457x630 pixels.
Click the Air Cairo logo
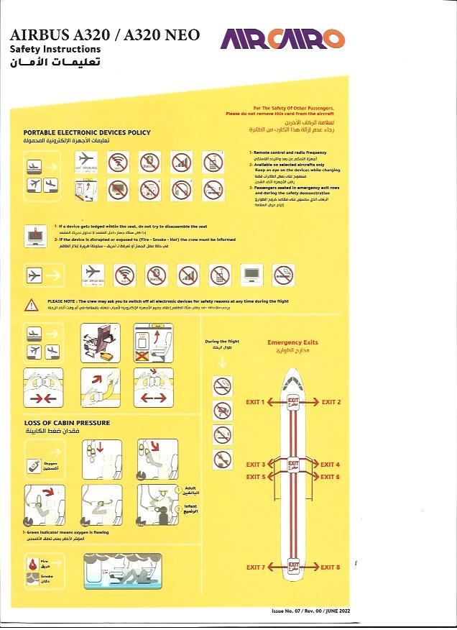tap(282, 39)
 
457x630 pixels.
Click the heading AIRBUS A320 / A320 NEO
tap(105, 35)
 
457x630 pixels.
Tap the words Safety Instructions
tap(55, 49)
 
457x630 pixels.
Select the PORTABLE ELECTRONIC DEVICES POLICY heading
tap(87, 132)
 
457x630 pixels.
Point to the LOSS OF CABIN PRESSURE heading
tap(67, 423)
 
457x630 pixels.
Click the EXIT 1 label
tap(255, 402)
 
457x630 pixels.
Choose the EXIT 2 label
tap(331, 402)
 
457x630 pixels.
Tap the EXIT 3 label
tap(255, 465)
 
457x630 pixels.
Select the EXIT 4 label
tap(331, 465)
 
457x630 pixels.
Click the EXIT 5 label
tap(255, 477)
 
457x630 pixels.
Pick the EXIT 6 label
tap(331, 477)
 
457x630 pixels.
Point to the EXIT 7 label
tap(255, 567)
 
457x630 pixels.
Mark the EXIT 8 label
tap(331, 567)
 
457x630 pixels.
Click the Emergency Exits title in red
tap(292, 342)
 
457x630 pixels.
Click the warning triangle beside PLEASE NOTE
tap(32, 305)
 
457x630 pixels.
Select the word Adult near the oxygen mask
tap(191, 488)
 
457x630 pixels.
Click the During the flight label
tap(221, 342)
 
